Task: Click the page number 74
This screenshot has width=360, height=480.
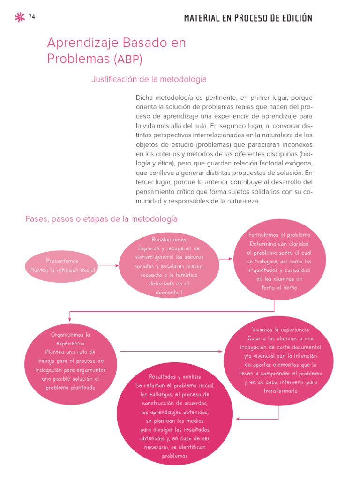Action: pos(32,17)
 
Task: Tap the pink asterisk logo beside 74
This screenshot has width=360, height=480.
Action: pos(20,18)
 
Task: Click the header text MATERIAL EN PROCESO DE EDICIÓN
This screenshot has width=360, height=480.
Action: pos(248,18)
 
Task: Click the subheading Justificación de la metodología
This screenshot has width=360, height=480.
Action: pos(149,80)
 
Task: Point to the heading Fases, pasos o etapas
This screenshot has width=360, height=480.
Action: pos(101,219)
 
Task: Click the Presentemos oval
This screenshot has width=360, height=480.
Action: pos(62,266)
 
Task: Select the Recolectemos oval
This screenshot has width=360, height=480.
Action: pos(169,266)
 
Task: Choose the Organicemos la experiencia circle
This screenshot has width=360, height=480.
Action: pos(70,361)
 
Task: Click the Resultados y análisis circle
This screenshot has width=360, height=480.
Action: pos(174,416)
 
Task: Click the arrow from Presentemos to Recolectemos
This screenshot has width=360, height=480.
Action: pos(109,266)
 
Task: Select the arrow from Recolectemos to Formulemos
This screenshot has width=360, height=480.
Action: pos(225,259)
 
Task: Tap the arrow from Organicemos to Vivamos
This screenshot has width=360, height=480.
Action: pos(171,351)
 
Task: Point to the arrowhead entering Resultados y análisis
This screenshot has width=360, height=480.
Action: pos(239,419)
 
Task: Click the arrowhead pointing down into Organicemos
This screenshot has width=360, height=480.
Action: pos(70,320)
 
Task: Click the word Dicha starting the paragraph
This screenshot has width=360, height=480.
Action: pos(144,98)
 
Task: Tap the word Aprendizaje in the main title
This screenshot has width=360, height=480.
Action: pos(77,43)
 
